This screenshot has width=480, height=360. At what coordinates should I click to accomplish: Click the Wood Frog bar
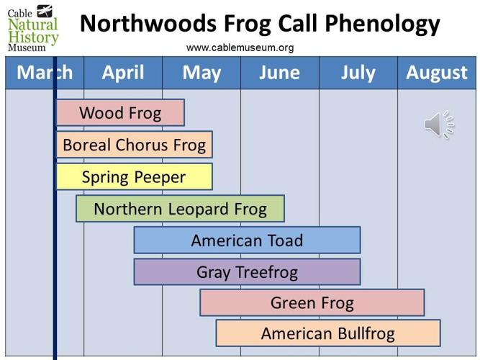[120, 113]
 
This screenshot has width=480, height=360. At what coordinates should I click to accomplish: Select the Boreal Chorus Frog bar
[135, 145]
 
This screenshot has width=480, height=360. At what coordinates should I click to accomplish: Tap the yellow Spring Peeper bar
[135, 176]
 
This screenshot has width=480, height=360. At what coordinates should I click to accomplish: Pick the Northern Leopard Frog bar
[180, 209]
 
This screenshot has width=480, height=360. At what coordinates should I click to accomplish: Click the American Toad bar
[247, 240]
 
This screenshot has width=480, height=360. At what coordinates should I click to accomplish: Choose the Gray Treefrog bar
[247, 272]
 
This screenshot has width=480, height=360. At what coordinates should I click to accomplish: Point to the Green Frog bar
[312, 303]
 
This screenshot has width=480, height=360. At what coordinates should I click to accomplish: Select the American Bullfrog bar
[328, 333]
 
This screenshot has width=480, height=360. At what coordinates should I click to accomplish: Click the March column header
[44, 73]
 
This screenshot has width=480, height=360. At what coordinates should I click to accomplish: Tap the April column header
[122, 73]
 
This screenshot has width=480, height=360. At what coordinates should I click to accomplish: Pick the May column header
[201, 73]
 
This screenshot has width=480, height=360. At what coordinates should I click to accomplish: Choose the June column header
[279, 73]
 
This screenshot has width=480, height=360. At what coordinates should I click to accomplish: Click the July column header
[358, 73]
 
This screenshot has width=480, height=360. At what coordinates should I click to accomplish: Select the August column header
[437, 73]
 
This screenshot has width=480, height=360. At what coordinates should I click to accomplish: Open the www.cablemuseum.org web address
[240, 48]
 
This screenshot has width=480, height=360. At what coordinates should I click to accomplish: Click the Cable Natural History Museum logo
[32, 27]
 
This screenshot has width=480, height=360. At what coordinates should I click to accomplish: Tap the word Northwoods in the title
[142, 24]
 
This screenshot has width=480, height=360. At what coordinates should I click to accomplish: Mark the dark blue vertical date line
[55, 216]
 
